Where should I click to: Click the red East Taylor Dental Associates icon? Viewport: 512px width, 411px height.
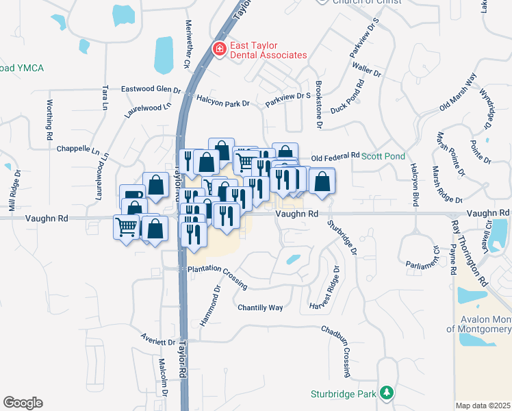[219, 49]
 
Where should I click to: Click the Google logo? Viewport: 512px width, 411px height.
[23, 402]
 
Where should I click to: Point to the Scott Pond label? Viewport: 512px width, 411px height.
[385, 156]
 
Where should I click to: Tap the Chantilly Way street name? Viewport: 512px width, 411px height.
[260, 308]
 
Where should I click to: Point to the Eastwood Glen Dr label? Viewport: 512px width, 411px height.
[151, 89]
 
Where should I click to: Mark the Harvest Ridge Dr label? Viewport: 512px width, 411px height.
[324, 289]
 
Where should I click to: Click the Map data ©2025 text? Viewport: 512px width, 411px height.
[483, 406]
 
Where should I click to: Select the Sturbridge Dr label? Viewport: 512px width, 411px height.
[342, 237]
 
